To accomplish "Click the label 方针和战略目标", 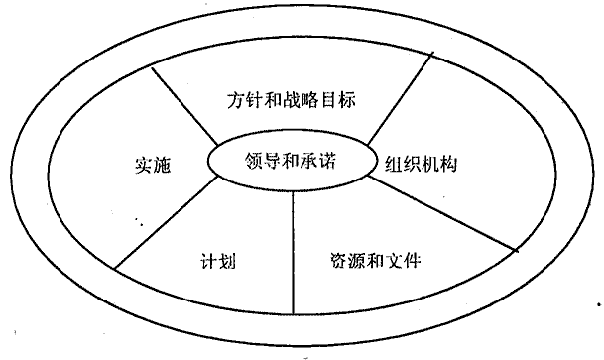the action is (x=292, y=100).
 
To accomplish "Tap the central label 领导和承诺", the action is (x=291, y=161).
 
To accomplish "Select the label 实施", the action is (x=153, y=165).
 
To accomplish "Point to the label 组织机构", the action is (x=422, y=165).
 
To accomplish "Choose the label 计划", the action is (x=218, y=261).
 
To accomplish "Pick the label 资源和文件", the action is (x=375, y=260).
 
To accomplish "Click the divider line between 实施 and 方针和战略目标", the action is (x=184, y=106).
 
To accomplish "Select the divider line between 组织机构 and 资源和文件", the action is (x=443, y=214).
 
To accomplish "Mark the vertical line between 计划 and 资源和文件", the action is (x=293, y=253).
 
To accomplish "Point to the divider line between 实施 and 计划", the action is (x=167, y=222).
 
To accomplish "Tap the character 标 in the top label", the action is (x=347, y=100).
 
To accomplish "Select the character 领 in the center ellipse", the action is (x=254, y=161).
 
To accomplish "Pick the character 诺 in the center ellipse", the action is (x=327, y=161).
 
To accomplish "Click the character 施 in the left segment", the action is (x=162, y=166).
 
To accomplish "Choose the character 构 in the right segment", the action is (x=448, y=165).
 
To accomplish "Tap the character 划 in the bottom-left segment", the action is (x=227, y=261).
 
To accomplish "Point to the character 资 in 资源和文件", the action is (x=339, y=260).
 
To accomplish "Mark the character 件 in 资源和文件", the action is (x=412, y=260).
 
